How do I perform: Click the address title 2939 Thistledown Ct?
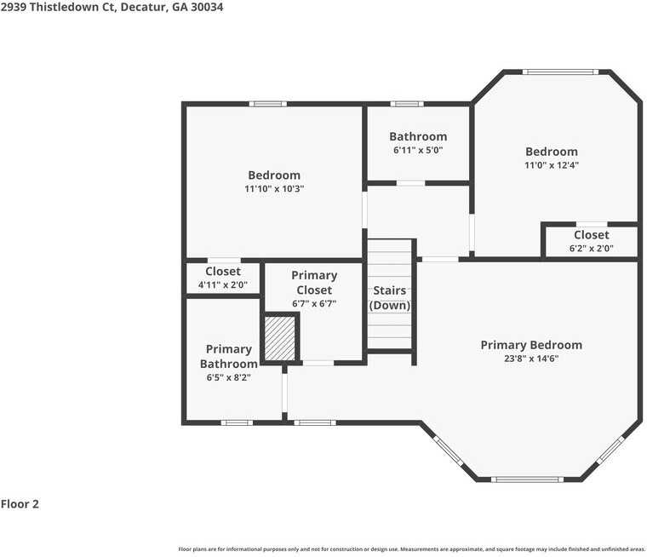coord(113,7)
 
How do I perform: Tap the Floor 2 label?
coord(20,504)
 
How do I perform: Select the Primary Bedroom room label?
coord(531,345)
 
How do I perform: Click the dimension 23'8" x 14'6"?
coord(531,359)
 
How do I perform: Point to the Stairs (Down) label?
coord(390,298)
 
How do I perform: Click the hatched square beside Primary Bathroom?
coord(279,338)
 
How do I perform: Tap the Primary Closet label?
coord(314,283)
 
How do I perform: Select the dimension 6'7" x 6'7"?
coord(314,303)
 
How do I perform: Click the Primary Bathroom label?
coord(229,357)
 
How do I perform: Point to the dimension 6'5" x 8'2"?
coord(229,377)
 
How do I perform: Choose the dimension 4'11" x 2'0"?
coord(222,285)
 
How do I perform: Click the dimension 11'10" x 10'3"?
coord(273,189)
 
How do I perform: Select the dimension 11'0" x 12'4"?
coord(551,165)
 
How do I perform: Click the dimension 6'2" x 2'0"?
coord(591,249)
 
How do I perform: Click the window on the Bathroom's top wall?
coord(407,104)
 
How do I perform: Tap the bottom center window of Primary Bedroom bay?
coord(528,479)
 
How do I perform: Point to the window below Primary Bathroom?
coord(237,422)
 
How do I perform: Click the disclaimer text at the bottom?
coord(412,549)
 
